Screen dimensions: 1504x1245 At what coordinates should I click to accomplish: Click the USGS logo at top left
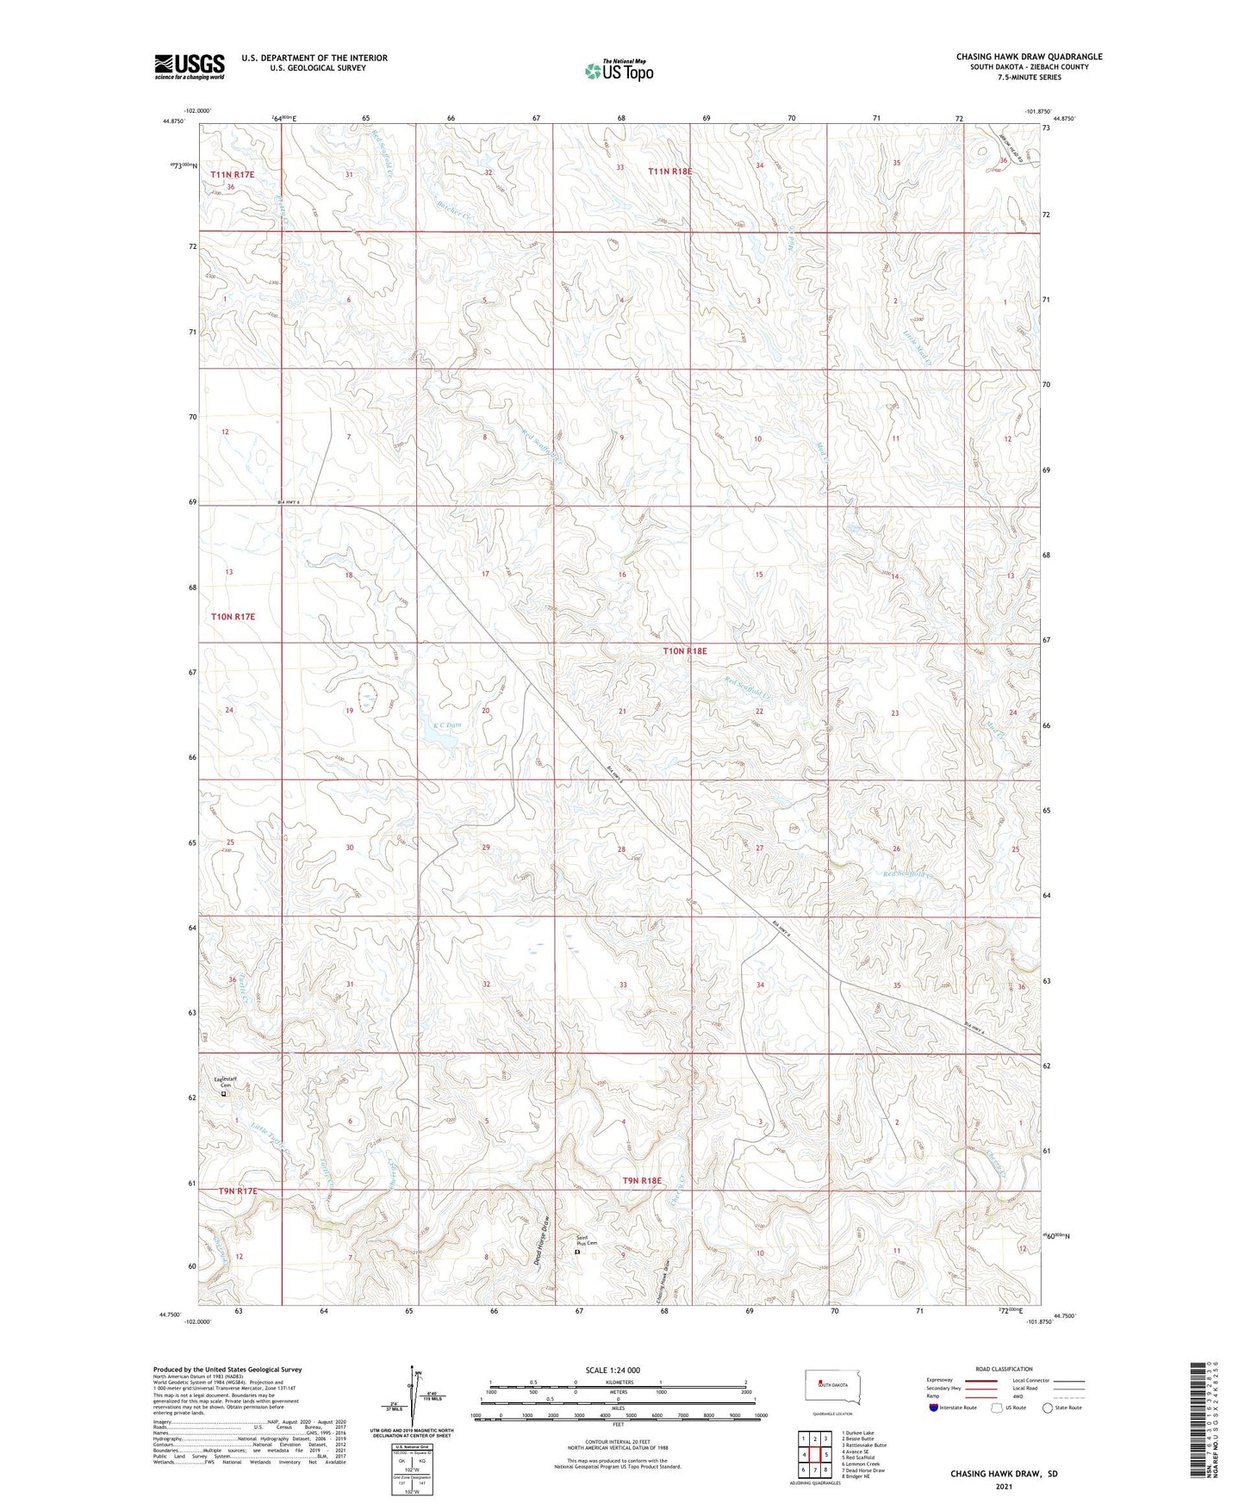point(189,65)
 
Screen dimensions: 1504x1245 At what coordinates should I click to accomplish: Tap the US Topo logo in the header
point(619,70)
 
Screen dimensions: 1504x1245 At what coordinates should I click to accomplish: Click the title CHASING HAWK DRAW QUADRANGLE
point(1029,57)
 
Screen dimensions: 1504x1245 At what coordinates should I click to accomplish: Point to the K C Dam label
point(446,725)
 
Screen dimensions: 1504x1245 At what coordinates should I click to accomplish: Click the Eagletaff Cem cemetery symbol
point(224,1094)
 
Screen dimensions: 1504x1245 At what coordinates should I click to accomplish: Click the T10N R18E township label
point(685,651)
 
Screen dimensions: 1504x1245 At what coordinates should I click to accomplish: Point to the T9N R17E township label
point(238,1190)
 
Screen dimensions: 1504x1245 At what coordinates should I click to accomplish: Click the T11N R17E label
point(233,174)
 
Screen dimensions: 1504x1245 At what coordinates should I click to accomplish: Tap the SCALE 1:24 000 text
point(613,1370)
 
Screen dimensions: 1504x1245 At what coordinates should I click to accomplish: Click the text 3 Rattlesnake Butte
point(864,1445)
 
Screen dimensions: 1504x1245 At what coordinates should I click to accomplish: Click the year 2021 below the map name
point(1004,1487)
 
